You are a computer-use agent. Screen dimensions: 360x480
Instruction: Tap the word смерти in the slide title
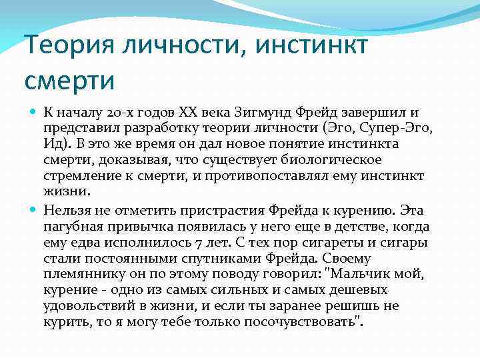pyautogui.click(x=70, y=81)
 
